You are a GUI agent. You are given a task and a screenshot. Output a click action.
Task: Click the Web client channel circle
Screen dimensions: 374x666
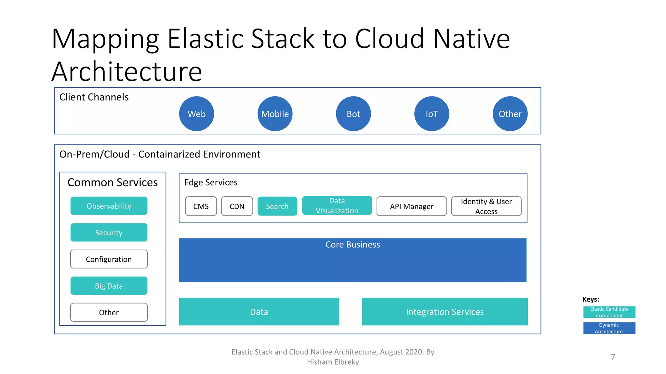(x=196, y=114)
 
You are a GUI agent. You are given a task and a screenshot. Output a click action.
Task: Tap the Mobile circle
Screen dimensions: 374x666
(x=275, y=114)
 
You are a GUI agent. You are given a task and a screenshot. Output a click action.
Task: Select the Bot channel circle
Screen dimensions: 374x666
(x=353, y=114)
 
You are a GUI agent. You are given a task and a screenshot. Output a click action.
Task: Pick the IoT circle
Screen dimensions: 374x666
(x=432, y=114)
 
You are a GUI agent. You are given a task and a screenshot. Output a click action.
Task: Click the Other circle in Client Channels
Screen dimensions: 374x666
(x=510, y=114)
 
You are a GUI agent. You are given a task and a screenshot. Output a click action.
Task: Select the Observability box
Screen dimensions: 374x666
(x=109, y=206)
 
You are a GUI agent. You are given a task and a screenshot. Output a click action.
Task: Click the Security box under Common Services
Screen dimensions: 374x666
(x=109, y=232)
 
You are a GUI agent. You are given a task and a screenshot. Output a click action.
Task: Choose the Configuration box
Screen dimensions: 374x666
(x=109, y=259)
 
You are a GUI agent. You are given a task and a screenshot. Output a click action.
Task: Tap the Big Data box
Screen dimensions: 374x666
(x=109, y=286)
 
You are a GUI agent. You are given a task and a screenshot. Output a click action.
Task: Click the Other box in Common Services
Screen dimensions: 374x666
(x=109, y=312)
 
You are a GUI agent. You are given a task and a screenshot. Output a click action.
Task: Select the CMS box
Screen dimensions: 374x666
(x=201, y=206)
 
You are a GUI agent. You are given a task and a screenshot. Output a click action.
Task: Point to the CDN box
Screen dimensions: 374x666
(x=237, y=206)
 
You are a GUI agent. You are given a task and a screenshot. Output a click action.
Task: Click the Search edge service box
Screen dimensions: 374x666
(x=277, y=206)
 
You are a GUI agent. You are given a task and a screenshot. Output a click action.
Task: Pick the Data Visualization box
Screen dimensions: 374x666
(x=337, y=206)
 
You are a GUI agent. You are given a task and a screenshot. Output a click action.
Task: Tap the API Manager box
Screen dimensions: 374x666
(x=411, y=206)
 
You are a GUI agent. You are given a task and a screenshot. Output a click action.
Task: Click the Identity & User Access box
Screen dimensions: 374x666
(x=486, y=206)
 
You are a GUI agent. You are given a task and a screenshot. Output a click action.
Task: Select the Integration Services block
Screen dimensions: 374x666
(x=445, y=312)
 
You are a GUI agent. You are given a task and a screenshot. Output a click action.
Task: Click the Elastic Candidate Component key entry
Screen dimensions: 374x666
(x=609, y=312)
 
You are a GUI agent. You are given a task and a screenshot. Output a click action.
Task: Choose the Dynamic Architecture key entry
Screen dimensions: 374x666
(x=609, y=328)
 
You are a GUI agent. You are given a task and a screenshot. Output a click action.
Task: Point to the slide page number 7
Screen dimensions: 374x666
(x=613, y=357)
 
